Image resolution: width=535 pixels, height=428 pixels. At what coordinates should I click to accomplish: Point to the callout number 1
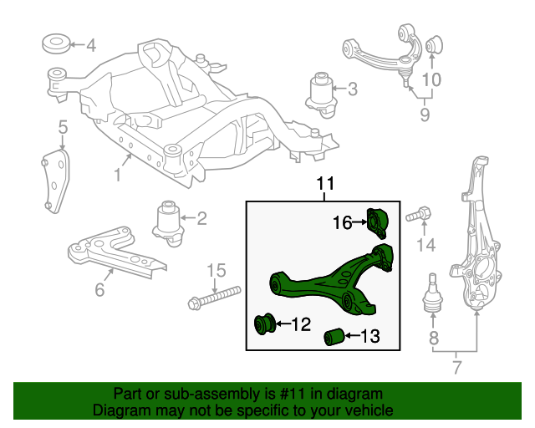pyautogui.click(x=118, y=175)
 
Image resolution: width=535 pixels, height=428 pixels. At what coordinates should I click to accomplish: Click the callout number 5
pyautogui.click(x=63, y=127)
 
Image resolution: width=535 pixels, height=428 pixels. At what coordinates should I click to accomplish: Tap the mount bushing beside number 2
pyautogui.click(x=167, y=222)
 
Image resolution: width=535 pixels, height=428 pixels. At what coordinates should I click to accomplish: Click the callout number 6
pyautogui.click(x=99, y=290)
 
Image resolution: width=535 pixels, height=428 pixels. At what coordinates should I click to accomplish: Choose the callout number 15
pyautogui.click(x=217, y=270)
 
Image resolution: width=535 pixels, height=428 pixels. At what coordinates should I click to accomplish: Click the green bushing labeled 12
pyautogui.click(x=267, y=323)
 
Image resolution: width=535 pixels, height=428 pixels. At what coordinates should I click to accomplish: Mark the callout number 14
pyautogui.click(x=426, y=245)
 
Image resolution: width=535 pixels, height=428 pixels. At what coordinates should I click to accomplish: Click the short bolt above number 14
pyautogui.click(x=417, y=216)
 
